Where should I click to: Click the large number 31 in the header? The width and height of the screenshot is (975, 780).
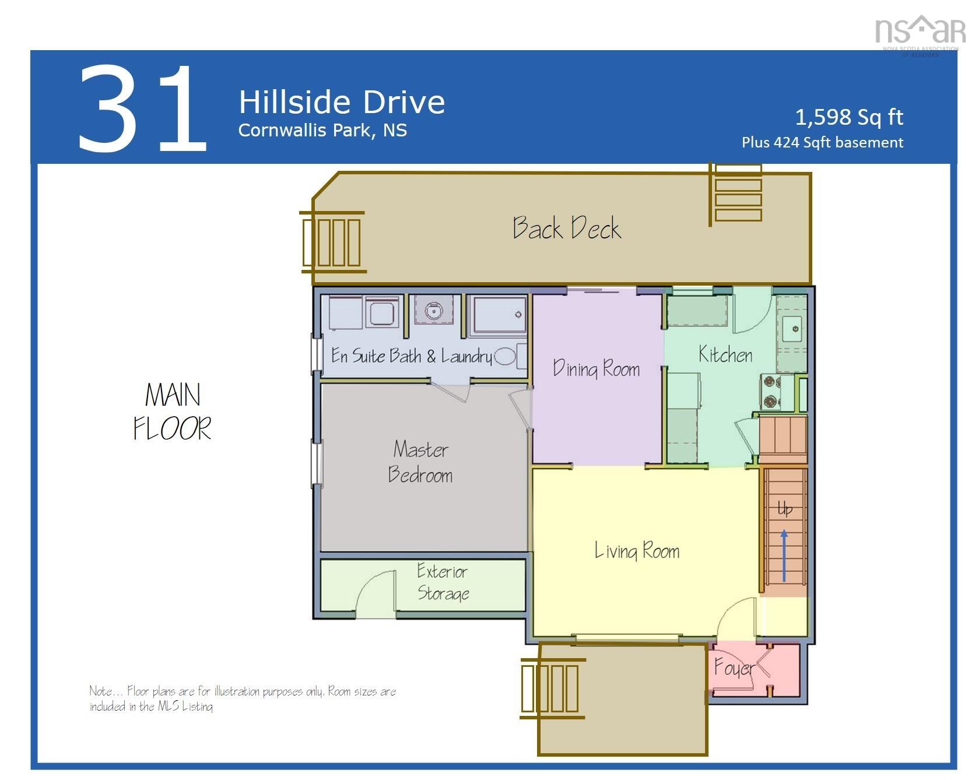coord(143,110)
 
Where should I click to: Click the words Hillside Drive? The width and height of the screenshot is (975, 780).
coord(342,102)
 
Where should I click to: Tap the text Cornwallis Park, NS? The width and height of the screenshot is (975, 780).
coord(322,130)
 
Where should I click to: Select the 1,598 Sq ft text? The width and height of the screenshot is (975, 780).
coord(849,117)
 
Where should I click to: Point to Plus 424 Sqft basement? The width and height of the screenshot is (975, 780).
coord(822,143)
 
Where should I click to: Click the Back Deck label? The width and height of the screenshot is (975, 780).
coord(567,228)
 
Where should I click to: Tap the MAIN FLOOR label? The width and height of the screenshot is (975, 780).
coord(172,412)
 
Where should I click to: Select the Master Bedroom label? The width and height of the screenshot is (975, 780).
coord(420,462)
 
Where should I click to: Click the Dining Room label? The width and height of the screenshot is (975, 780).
coord(596,369)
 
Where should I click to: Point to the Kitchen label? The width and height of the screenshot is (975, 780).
coord(725,354)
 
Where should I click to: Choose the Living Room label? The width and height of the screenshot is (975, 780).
coord(637,551)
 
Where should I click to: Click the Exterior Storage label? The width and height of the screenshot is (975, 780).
coord(443,582)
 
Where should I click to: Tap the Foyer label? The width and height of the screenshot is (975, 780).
coord(734,667)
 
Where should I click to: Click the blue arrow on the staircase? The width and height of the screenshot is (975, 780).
coord(784,555)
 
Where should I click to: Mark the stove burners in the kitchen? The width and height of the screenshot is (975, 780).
coord(771,391)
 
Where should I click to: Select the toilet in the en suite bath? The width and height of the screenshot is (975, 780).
coord(505,356)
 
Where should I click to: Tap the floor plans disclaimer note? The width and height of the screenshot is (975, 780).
coord(242,698)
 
